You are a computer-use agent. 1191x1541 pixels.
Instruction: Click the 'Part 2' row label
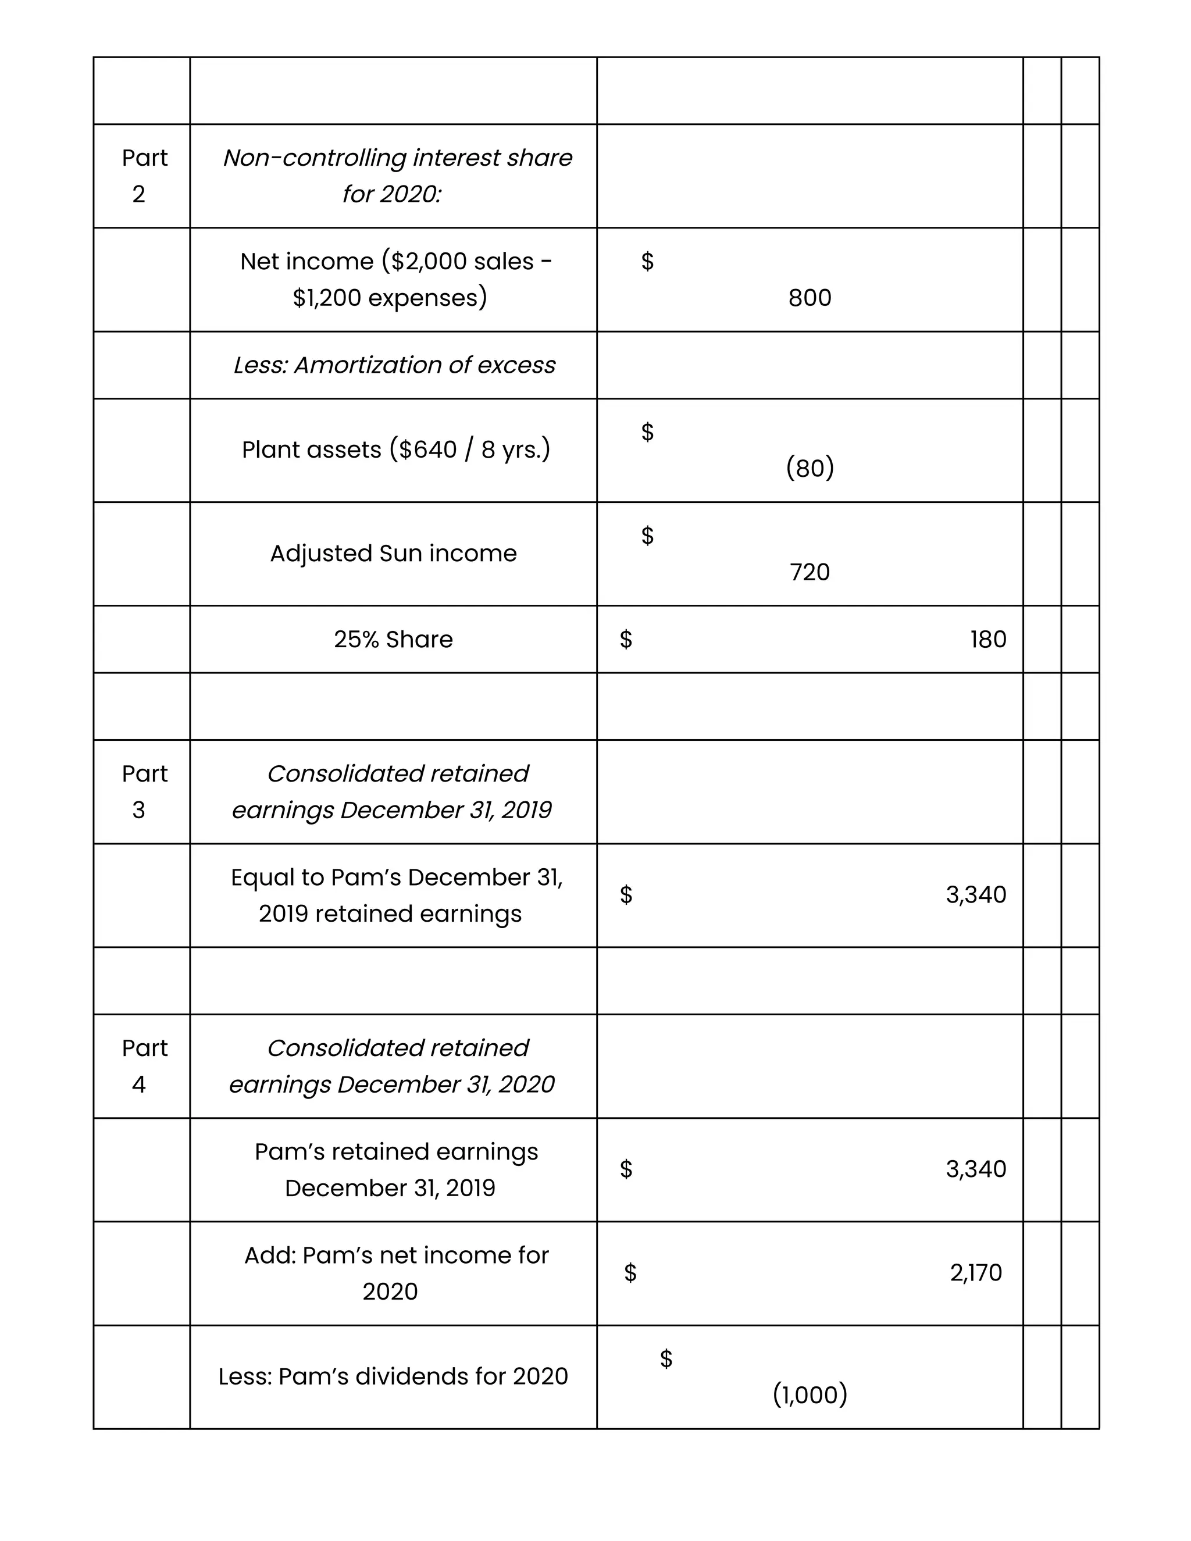point(144,176)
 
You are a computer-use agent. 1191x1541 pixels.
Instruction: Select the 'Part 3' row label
point(144,791)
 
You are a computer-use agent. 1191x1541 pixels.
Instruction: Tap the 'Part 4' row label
point(144,1066)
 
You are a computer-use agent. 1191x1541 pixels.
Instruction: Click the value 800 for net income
point(810,298)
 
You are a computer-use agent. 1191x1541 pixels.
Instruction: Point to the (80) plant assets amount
point(810,468)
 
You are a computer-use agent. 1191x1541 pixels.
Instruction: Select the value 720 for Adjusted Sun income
point(810,572)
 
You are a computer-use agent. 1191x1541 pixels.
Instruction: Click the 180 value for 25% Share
point(987,639)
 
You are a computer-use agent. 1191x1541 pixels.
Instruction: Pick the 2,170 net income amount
point(975,1273)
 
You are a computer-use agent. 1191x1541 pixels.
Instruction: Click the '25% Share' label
point(393,639)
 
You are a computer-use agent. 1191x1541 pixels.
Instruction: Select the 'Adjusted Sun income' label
point(393,553)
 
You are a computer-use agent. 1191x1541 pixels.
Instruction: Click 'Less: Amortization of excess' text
point(394,365)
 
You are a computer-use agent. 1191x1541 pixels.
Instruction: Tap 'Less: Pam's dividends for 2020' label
point(393,1376)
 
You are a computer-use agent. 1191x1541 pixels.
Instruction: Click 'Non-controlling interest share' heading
point(397,158)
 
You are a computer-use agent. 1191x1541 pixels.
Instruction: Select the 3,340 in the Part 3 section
point(975,895)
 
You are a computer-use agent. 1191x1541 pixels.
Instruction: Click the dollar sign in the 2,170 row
point(630,1273)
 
